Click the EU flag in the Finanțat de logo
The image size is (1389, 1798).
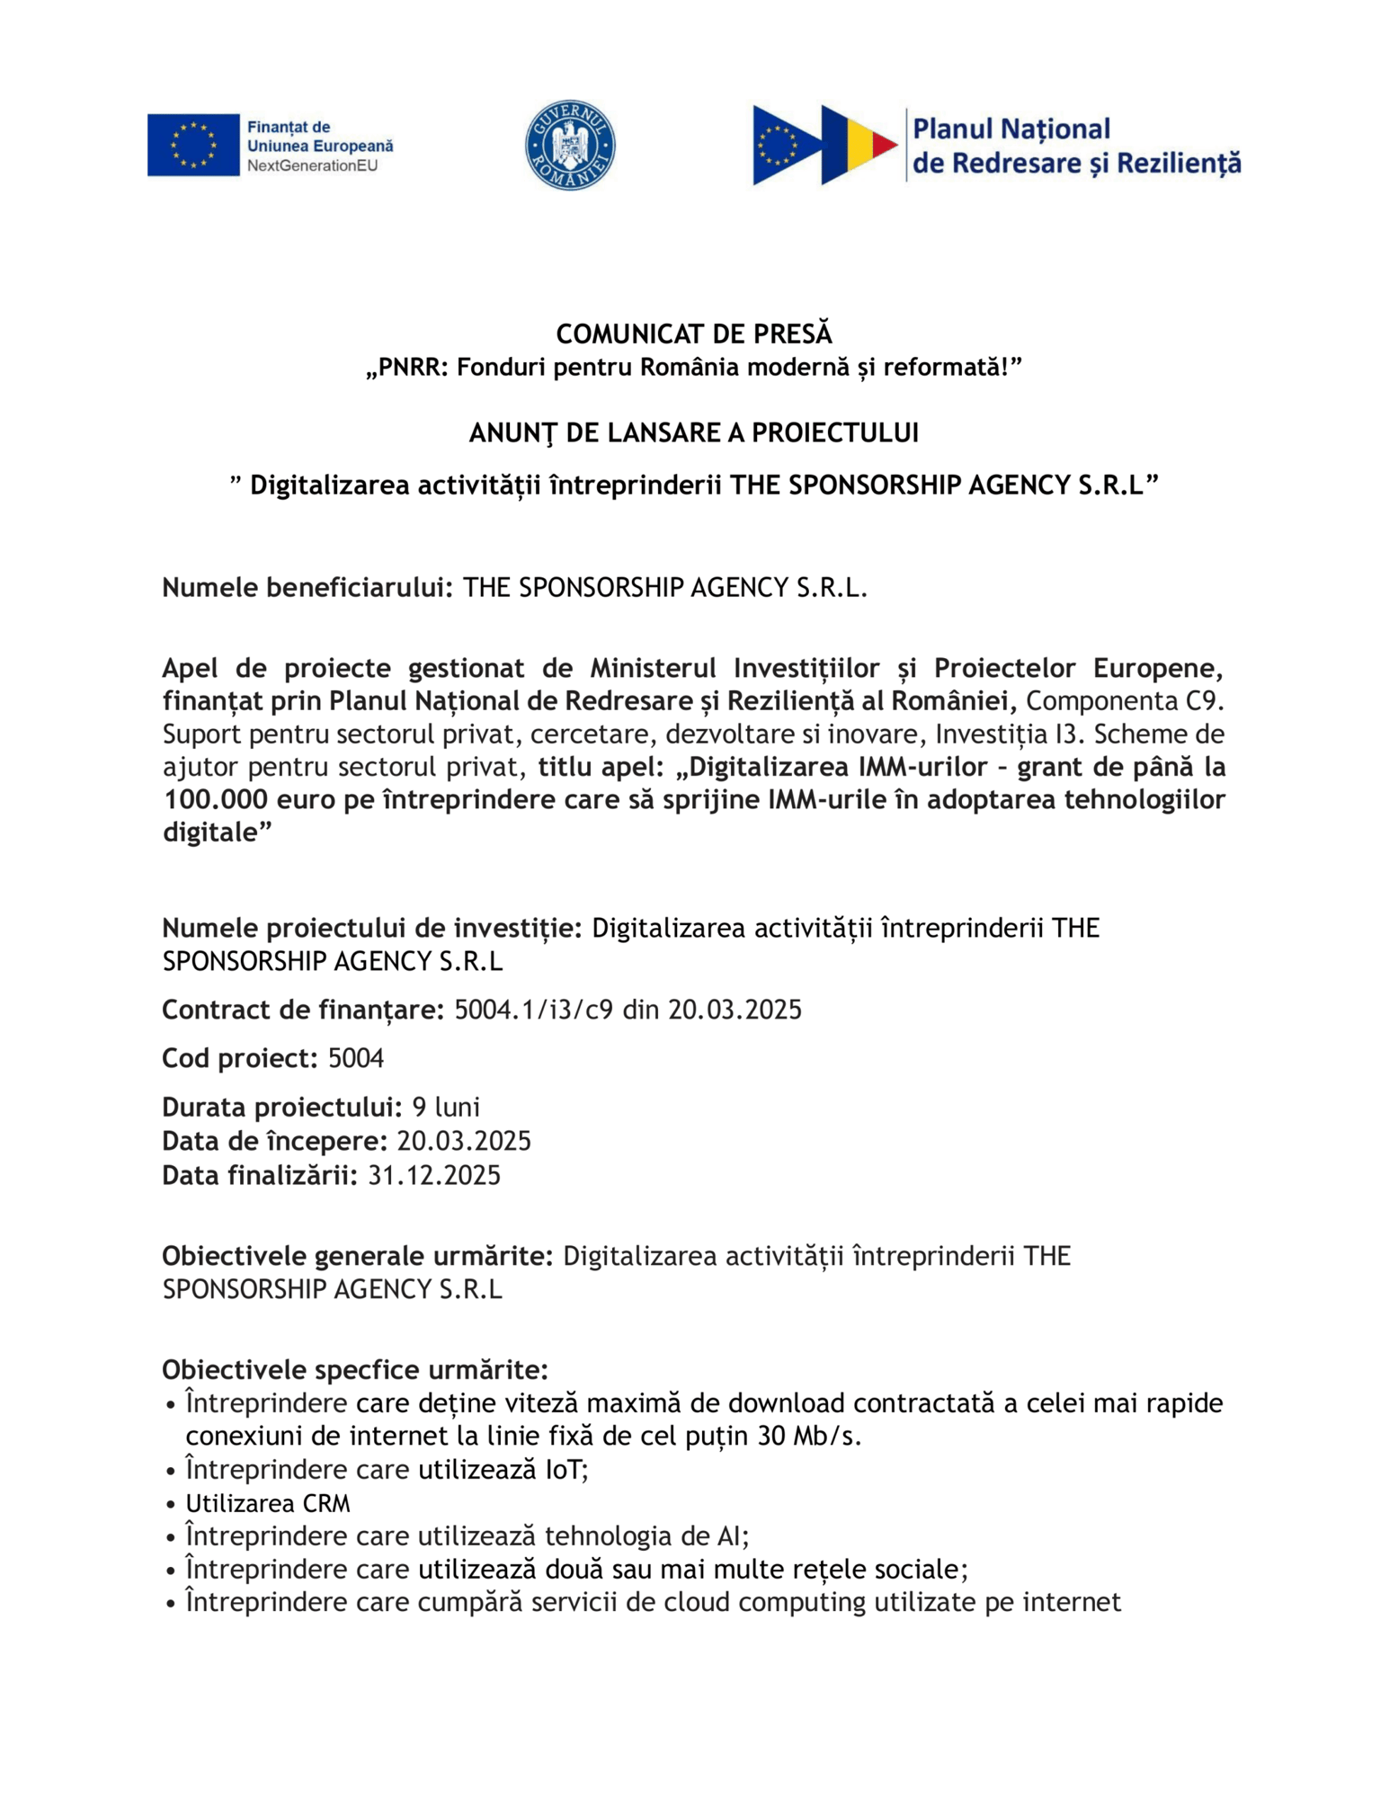point(193,144)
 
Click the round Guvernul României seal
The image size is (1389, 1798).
point(569,144)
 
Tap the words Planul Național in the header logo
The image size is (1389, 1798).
point(1011,129)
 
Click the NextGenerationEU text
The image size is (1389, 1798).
point(312,166)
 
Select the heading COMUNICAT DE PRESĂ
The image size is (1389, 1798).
point(693,334)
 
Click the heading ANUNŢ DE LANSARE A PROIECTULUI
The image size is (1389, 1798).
point(693,432)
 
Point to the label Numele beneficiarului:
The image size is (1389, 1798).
point(307,587)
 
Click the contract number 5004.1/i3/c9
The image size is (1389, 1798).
point(533,1010)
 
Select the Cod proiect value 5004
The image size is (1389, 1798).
point(356,1058)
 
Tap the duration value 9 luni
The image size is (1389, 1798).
point(446,1106)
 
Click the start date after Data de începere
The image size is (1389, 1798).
point(464,1141)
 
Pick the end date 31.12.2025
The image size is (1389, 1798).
point(434,1175)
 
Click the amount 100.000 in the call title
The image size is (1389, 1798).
point(214,799)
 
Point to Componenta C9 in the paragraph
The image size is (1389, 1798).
point(1124,700)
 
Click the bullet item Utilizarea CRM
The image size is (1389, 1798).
point(268,1503)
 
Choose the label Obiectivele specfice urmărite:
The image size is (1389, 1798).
point(355,1369)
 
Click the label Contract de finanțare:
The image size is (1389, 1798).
point(303,1010)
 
